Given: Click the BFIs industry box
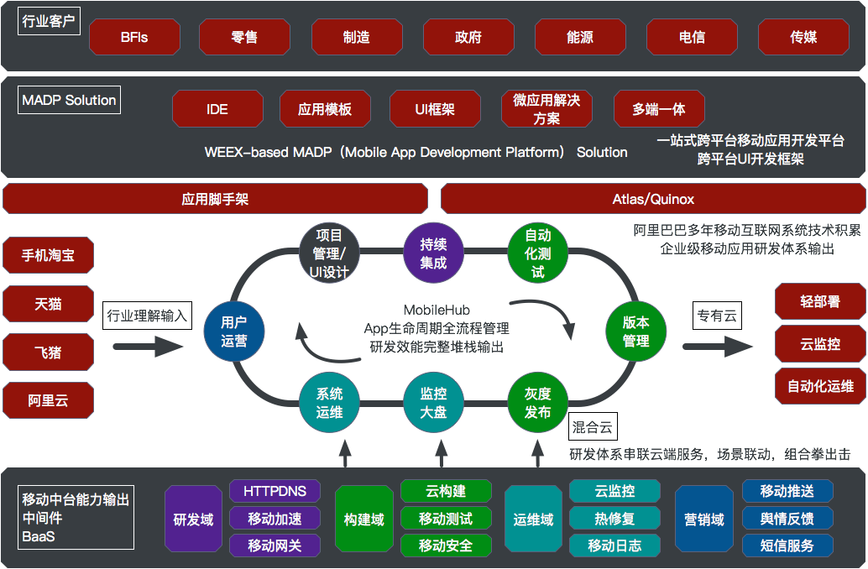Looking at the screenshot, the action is coord(134,37).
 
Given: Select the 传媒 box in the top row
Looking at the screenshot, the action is coord(803,37).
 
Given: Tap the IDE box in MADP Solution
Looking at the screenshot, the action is coord(217,109).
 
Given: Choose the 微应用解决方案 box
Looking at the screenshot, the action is coord(546,109).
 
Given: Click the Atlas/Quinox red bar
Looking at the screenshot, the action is coord(653,199).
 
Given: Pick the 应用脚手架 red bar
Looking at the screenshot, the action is coord(216,199).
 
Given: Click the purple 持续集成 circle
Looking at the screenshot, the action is coord(433,253).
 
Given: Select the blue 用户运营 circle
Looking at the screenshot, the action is coord(234,331).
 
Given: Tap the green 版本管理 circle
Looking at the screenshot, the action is coord(636,331).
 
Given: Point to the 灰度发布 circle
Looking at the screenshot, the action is coord(537,403).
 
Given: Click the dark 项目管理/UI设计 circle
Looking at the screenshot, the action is coord(329,253).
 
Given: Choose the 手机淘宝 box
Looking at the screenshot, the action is coord(48,255).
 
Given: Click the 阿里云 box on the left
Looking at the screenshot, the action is coord(48,400).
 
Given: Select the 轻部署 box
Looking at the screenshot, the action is coord(820,301).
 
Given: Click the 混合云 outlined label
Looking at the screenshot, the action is coord(593,426).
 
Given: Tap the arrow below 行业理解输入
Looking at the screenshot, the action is coord(148,347).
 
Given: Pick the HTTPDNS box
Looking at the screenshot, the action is coord(275,491).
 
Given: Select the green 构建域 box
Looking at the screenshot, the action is coord(363,519).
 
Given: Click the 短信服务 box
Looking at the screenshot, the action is coord(787,546).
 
